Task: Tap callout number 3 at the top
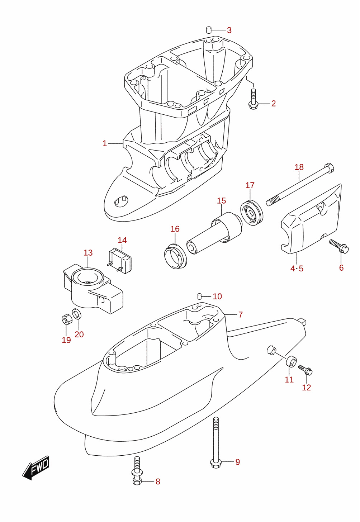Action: [x=229, y=30]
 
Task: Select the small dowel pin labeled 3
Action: [x=209, y=30]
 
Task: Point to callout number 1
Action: [x=105, y=143]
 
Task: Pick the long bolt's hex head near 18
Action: [x=329, y=168]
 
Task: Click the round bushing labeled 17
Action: [x=251, y=213]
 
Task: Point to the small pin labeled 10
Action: [x=199, y=296]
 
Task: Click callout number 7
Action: [x=241, y=315]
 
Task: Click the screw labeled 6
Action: [x=339, y=246]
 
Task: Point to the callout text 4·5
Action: [x=297, y=269]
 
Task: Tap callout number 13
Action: [x=88, y=253]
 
